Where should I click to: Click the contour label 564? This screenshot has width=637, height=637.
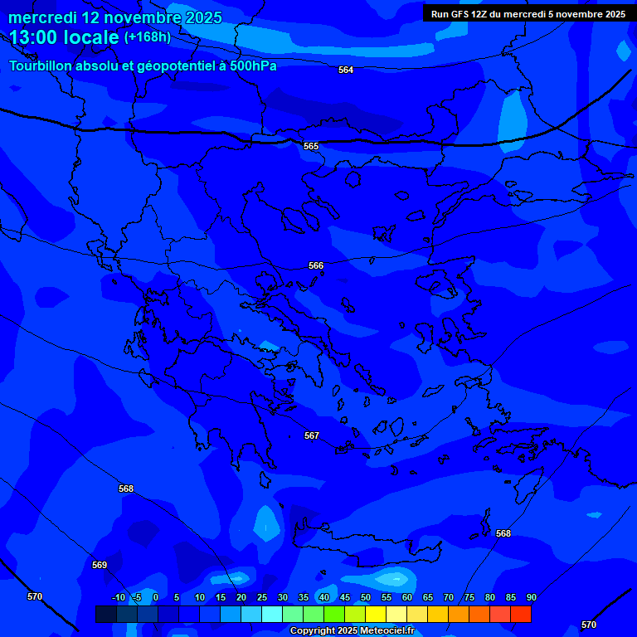346,71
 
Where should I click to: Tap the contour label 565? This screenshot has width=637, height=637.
311,146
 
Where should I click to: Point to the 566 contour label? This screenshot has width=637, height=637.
316,266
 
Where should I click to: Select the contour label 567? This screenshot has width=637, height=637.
312,435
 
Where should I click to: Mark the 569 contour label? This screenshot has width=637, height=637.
100,565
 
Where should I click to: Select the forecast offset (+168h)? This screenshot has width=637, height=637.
148,37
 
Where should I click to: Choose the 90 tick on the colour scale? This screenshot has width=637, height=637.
531,598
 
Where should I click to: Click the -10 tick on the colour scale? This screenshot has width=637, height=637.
118,598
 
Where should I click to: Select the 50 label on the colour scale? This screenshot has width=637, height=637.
365,598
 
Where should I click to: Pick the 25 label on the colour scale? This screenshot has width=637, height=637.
261,598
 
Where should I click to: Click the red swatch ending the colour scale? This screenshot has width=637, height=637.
520,614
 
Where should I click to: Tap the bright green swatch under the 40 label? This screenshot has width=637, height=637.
334,614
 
